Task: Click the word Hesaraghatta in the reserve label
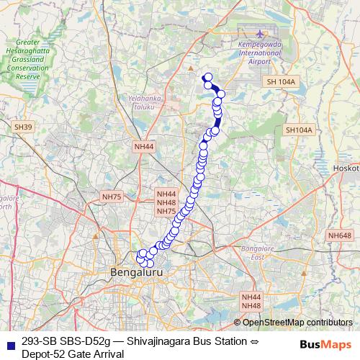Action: [26, 53]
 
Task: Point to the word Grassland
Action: [27, 61]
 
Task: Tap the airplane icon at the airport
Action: [260, 33]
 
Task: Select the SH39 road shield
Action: [23, 127]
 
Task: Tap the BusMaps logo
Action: [326, 343]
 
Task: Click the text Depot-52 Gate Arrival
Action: [68, 353]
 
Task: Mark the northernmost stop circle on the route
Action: [208, 77]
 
